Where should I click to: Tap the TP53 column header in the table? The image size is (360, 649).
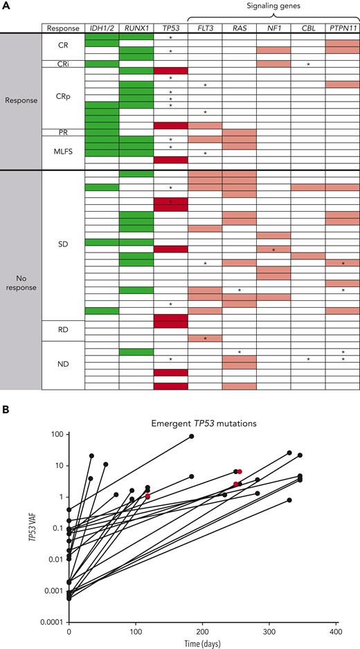click(170, 29)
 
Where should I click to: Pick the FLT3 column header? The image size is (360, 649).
click(205, 29)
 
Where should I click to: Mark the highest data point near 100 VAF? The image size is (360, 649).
click(192, 437)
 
